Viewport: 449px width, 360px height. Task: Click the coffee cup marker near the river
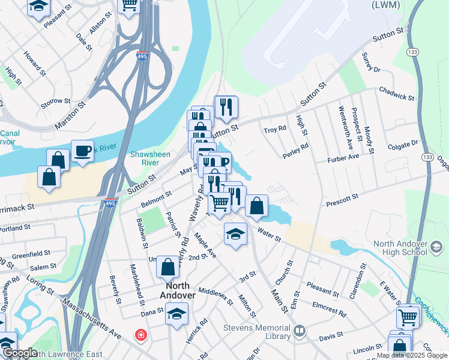82,151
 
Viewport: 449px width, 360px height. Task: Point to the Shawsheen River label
145,158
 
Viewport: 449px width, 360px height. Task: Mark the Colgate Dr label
402,144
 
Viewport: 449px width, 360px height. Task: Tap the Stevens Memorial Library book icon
298,331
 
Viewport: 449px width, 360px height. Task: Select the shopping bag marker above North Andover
168,266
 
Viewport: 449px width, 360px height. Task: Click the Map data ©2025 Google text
412,356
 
